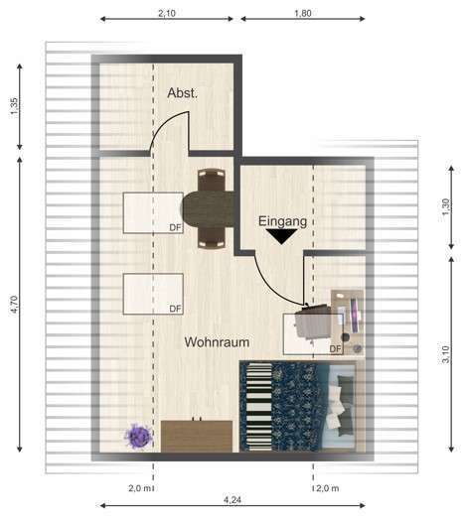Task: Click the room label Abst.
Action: (x=182, y=93)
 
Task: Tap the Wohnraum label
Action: (x=217, y=342)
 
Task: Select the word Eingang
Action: (x=283, y=221)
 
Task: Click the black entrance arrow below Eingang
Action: (x=281, y=236)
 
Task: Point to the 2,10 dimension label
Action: (x=167, y=13)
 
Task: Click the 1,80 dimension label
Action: (x=303, y=13)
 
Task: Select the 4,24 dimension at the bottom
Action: (x=232, y=499)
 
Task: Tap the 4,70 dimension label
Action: (x=14, y=304)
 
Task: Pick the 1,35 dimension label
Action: (x=14, y=106)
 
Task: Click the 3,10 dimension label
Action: (x=446, y=354)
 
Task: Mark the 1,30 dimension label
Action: (x=446, y=206)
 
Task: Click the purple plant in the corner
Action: (x=138, y=437)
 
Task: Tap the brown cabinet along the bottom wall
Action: (x=197, y=436)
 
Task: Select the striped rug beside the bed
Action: (x=259, y=407)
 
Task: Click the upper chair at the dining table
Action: (x=212, y=180)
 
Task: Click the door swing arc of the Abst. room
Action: (x=165, y=123)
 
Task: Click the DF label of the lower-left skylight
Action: (x=175, y=309)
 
